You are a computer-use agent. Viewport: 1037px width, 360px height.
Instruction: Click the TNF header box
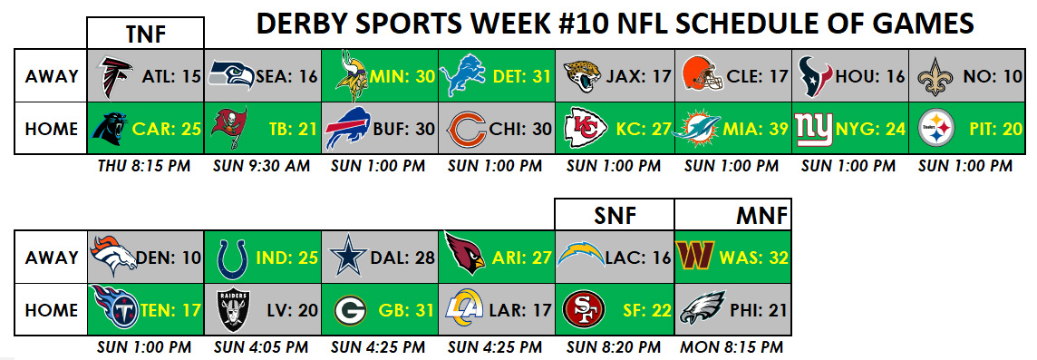[x=146, y=33]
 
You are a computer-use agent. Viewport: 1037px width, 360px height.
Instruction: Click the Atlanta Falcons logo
[x=114, y=76]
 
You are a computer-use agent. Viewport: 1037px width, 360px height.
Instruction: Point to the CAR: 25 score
[x=166, y=129]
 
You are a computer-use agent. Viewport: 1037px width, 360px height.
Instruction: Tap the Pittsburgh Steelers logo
[x=936, y=129]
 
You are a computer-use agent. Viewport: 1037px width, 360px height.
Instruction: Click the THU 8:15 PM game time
[x=145, y=165]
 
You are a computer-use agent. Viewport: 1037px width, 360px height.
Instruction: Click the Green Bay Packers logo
[x=351, y=310]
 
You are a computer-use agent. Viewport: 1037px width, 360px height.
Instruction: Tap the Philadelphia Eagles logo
[x=703, y=309]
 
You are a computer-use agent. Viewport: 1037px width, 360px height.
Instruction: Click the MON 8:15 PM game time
[x=732, y=346]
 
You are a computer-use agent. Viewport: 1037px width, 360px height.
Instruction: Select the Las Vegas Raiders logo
[x=234, y=310]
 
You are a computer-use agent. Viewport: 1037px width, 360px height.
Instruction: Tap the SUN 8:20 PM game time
[x=613, y=346]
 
